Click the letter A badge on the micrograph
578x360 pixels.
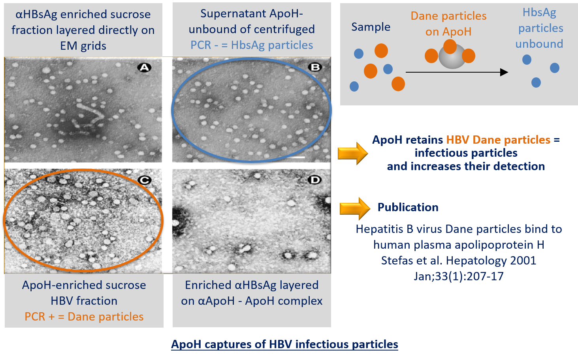(x=144, y=67)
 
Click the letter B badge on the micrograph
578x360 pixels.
(x=315, y=67)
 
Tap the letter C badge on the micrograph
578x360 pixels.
(x=145, y=180)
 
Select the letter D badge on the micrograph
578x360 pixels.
(x=314, y=180)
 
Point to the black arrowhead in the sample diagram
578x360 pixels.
(x=504, y=72)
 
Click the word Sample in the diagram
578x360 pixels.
(x=371, y=27)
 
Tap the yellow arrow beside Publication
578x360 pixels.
(x=355, y=208)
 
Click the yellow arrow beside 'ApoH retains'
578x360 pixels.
(x=353, y=153)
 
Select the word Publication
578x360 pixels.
(x=408, y=207)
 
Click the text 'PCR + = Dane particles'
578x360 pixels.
(x=84, y=317)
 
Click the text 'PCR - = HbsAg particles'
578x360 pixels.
(x=252, y=45)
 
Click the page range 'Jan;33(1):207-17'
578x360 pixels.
(x=459, y=276)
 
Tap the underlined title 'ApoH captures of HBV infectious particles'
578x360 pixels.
(x=284, y=344)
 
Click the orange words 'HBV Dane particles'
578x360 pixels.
(x=498, y=140)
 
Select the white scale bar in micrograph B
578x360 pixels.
(x=297, y=157)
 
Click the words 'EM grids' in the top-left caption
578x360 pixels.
(x=83, y=46)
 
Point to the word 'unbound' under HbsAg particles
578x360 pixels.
(x=539, y=44)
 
